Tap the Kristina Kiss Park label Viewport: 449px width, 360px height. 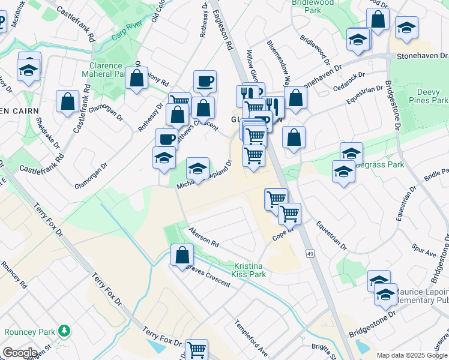tap(249, 269)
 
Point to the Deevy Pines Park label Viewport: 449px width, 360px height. tap(432, 96)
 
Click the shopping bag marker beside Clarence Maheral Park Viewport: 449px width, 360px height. tap(137, 78)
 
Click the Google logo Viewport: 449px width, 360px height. tap(20, 353)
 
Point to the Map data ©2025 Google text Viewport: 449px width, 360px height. tap(411, 355)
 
